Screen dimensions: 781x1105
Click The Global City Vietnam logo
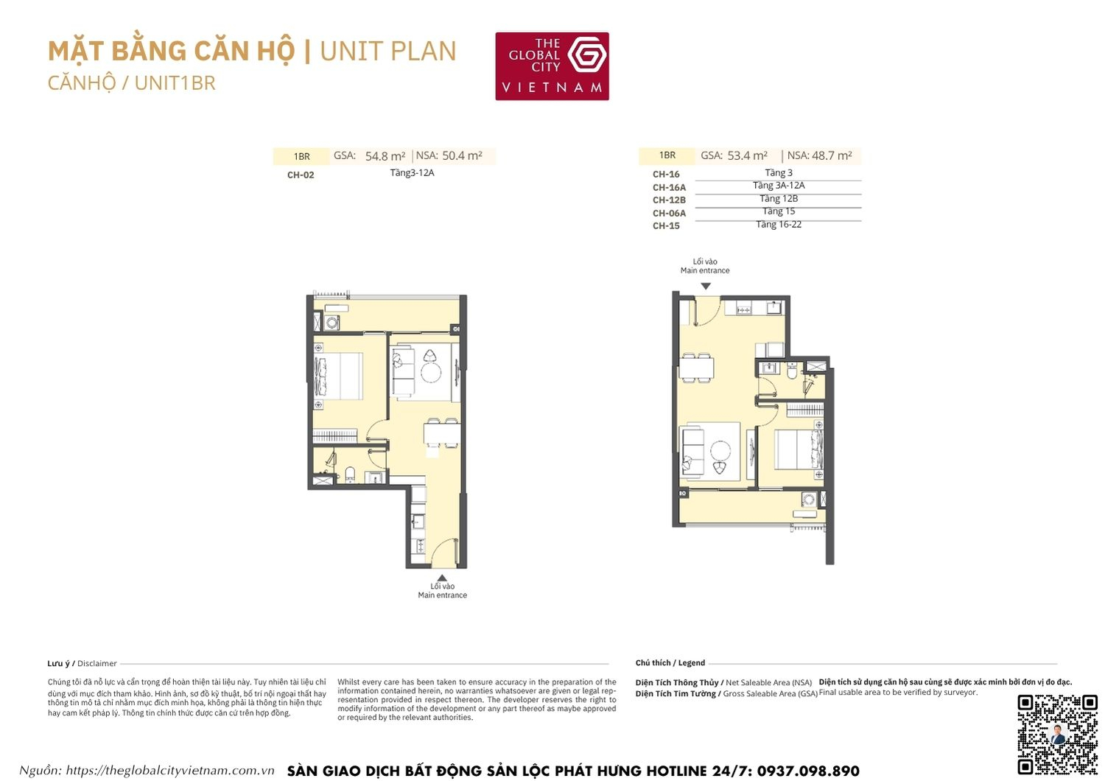tap(552, 66)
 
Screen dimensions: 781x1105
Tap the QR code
tap(1057, 734)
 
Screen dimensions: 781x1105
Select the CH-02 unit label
tap(301, 175)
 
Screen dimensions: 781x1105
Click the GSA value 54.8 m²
tap(385, 156)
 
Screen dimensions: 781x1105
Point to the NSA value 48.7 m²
tap(832, 155)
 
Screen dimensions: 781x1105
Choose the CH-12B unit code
tap(669, 200)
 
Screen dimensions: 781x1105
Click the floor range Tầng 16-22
tap(779, 225)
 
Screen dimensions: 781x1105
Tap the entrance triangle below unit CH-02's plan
tap(441, 578)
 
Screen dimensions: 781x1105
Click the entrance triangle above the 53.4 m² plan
tap(706, 286)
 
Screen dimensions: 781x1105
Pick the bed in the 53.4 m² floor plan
tap(798, 449)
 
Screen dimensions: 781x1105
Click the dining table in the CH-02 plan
tap(441, 434)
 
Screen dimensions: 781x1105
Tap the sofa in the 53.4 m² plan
tap(692, 450)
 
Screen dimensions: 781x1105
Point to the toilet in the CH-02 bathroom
tap(351, 474)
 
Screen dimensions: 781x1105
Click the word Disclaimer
tap(97, 663)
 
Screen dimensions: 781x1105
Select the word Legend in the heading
tap(692, 663)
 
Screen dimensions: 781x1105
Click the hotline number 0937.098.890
tap(808, 771)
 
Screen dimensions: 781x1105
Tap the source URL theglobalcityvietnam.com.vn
tap(170, 771)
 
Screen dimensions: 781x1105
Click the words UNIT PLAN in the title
tap(388, 52)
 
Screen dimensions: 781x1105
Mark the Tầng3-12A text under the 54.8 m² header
tap(413, 173)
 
